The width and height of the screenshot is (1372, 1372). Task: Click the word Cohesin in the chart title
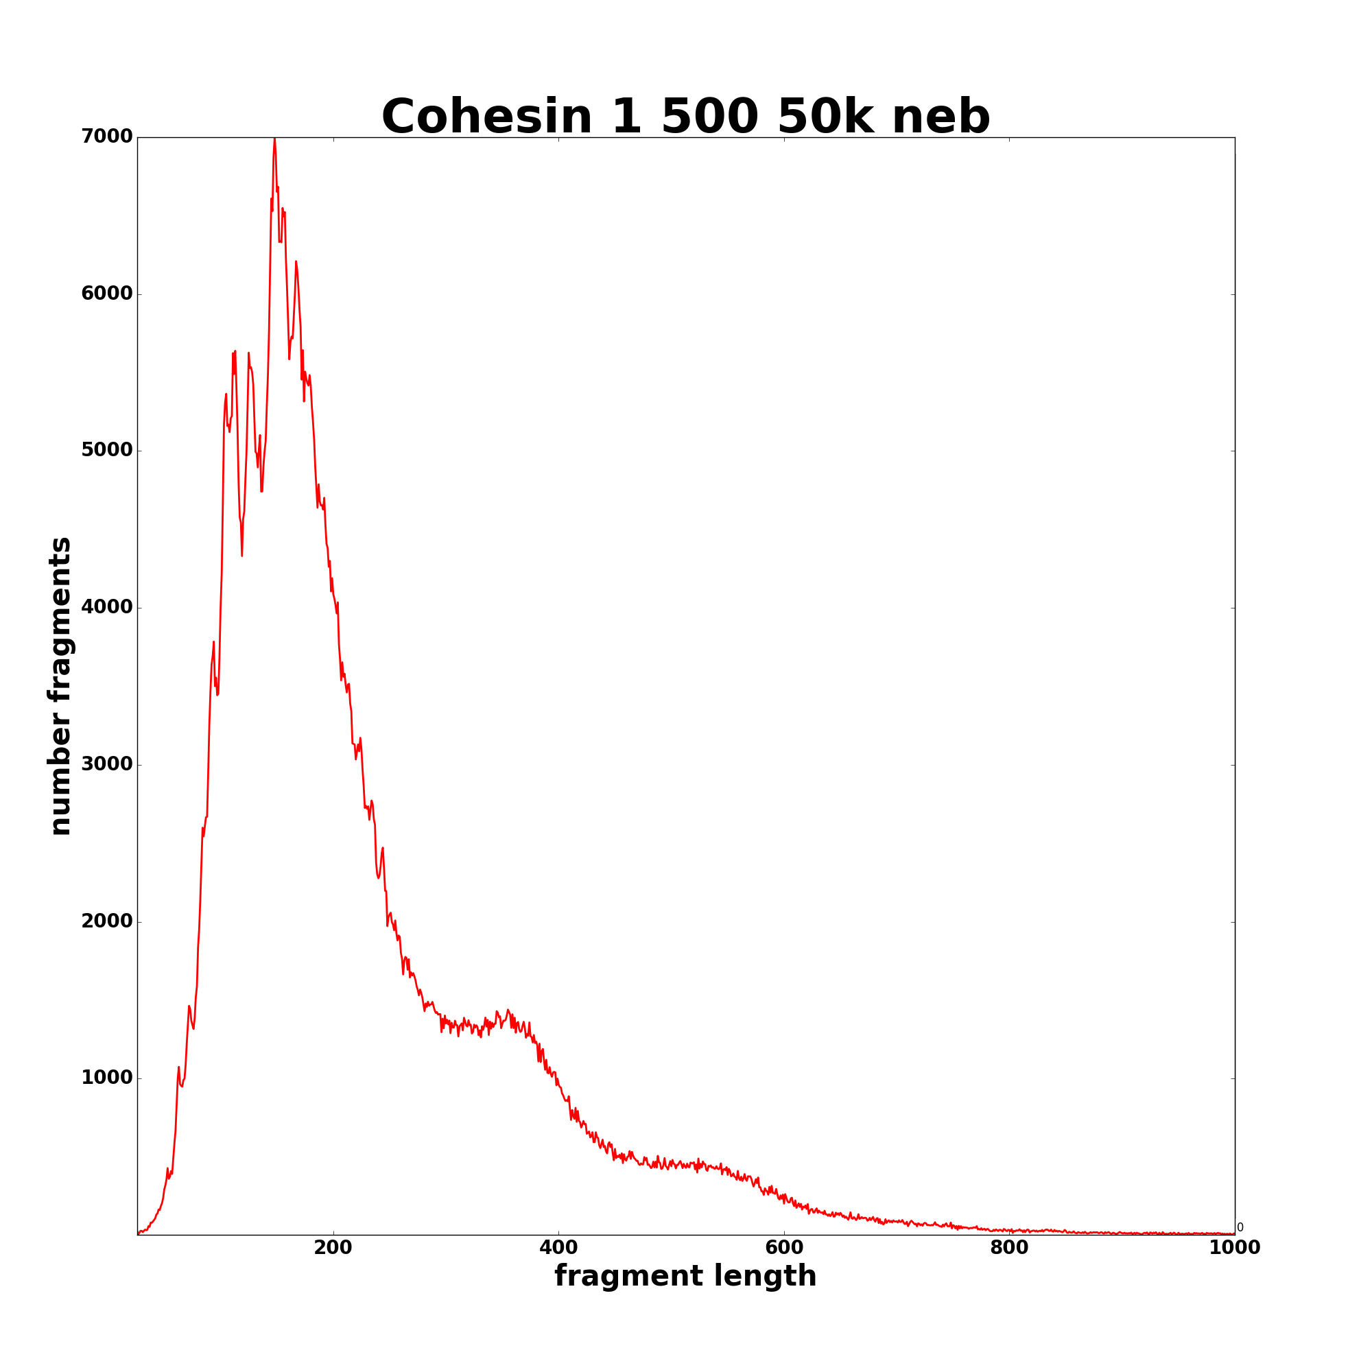(486, 117)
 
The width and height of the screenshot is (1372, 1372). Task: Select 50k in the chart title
(826, 117)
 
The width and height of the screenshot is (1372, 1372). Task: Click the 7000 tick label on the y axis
(106, 137)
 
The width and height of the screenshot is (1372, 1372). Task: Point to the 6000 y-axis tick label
(106, 294)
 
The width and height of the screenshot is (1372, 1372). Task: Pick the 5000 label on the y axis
(106, 451)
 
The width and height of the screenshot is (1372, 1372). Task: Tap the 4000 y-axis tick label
(106, 608)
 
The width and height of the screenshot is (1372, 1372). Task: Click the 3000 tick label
(106, 765)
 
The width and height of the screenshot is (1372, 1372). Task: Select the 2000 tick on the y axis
(106, 922)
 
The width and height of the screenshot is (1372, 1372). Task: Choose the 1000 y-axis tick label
(106, 1078)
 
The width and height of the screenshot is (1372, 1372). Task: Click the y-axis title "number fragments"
(60, 686)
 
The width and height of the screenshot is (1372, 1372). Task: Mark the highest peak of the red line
(274, 139)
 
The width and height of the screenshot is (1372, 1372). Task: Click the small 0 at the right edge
(1240, 1228)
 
